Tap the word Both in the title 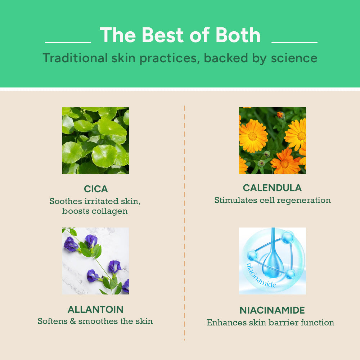click(238, 35)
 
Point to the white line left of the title click(68, 42)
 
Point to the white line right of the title click(294, 42)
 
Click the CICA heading click(96, 189)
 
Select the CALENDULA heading click(272, 188)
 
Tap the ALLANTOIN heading click(95, 310)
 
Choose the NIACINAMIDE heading click(272, 310)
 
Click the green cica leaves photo click(95, 140)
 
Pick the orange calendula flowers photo click(272, 140)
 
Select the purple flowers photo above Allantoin click(95, 261)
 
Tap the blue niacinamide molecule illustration click(272, 261)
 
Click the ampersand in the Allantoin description click(73, 321)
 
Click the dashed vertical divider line click(184, 223)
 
